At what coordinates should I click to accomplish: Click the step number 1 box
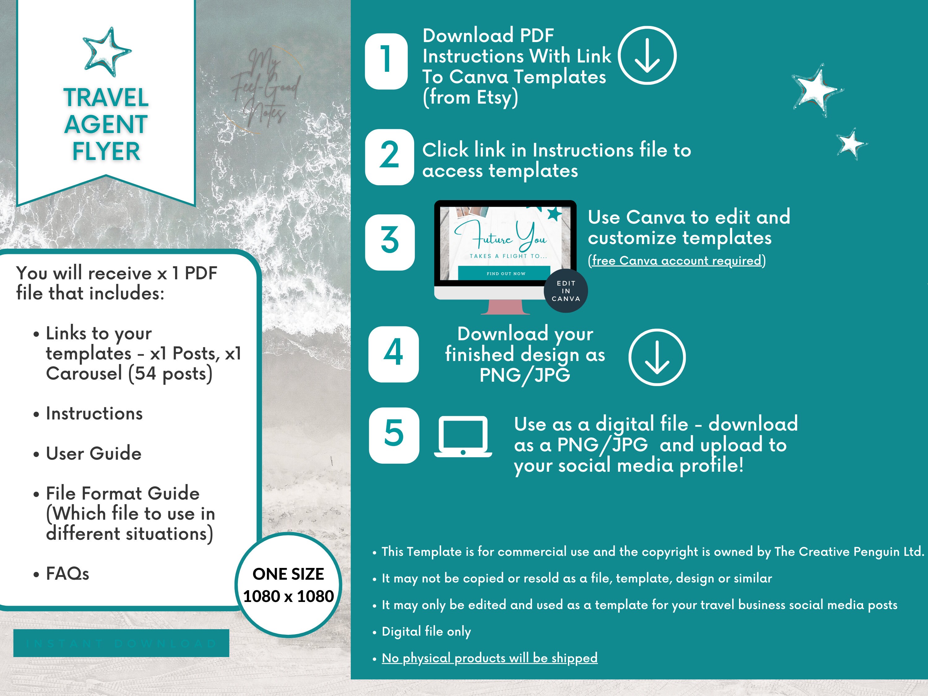coord(386,61)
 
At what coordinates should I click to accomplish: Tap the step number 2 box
coord(389,157)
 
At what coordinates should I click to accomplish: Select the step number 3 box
coord(390,242)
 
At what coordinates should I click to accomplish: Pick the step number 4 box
coord(393,354)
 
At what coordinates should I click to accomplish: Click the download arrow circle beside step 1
coord(647,55)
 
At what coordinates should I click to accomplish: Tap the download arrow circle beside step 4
coord(657,357)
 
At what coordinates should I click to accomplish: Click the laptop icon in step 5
coord(463,436)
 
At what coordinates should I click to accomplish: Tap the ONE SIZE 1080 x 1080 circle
coord(288,585)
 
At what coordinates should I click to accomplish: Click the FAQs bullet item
coord(67,574)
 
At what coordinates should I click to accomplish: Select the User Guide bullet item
coord(93,453)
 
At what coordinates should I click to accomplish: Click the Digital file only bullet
coord(426,631)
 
